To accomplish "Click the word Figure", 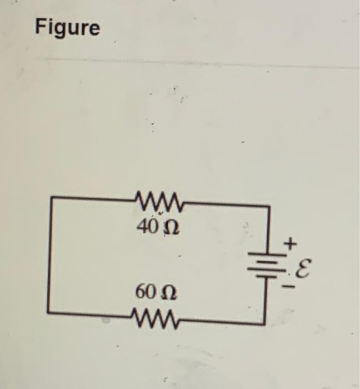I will (68, 27).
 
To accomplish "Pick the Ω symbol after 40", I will (168, 228).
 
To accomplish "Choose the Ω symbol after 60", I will (167, 293).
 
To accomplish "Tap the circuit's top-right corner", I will (269, 205).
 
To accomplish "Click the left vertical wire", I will (51, 256).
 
